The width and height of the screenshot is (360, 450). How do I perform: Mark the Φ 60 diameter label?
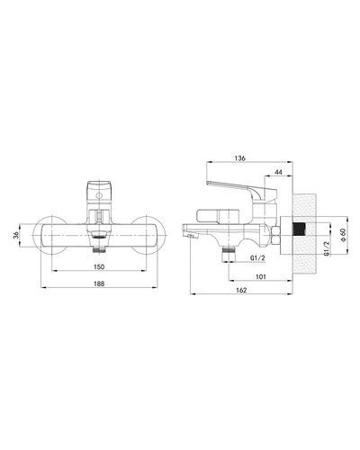pyautogui.click(x=343, y=232)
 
